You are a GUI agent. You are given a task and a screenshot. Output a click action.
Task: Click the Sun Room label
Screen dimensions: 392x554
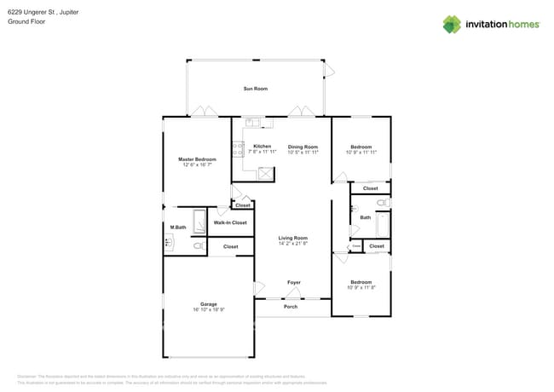tap(255, 89)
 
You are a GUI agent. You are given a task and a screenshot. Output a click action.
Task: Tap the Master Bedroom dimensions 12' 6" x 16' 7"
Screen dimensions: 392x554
tap(197, 164)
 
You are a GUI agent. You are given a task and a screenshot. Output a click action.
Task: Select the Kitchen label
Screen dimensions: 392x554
tap(263, 147)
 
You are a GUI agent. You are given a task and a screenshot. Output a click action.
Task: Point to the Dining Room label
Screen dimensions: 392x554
tap(303, 147)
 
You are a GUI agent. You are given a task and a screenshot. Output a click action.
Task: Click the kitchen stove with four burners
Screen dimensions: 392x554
tap(237, 149)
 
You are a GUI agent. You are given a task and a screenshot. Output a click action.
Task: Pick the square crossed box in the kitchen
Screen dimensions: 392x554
tap(267, 173)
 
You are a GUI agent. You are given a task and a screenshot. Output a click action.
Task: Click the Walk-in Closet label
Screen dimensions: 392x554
tap(230, 222)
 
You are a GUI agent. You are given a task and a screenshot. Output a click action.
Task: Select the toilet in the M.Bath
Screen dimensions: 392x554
tap(198, 246)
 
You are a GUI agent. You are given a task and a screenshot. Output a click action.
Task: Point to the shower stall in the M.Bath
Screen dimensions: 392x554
tap(199, 222)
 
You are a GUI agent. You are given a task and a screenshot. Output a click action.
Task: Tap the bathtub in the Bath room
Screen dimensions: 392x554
tap(383, 225)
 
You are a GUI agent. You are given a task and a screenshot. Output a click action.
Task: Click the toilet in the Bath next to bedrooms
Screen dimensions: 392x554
tap(382, 203)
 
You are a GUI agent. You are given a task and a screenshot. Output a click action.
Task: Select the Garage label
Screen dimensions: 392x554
tap(209, 304)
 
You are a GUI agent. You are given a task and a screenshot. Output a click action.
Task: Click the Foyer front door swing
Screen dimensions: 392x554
tap(294, 293)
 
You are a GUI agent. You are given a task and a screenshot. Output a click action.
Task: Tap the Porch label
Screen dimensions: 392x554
tap(291, 307)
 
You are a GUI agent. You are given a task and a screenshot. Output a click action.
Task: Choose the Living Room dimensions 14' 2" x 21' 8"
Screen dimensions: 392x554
tap(293, 244)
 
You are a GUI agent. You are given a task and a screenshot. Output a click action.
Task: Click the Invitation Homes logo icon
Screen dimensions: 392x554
tap(452, 24)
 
